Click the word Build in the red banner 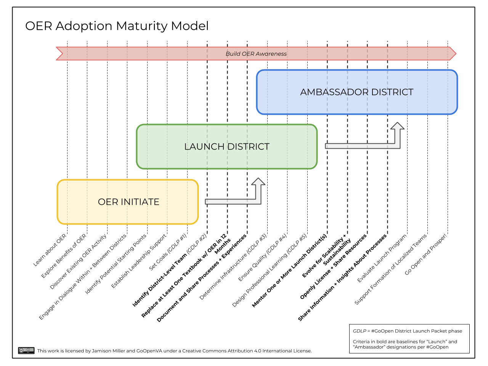[233, 54]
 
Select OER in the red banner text [248, 54]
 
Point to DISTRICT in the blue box [392, 92]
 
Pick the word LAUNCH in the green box [204, 147]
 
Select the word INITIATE [140, 202]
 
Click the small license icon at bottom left [26, 350]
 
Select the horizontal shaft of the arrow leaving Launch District [358, 146]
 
